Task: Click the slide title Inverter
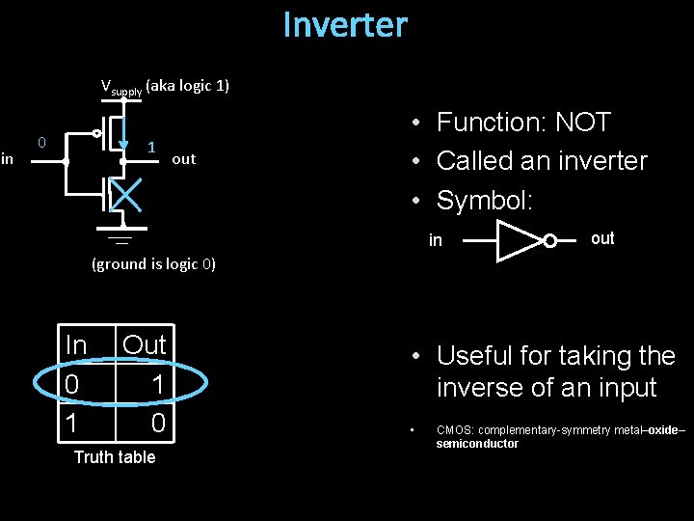(345, 25)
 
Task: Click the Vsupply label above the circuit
(121, 87)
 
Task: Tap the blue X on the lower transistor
(125, 194)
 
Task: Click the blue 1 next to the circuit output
(151, 147)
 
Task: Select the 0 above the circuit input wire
(41, 143)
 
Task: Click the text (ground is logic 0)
(153, 263)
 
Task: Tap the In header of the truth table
(75, 344)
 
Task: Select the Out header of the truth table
(145, 344)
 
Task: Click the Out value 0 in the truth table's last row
(157, 423)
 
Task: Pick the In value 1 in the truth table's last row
(71, 423)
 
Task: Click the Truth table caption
(114, 456)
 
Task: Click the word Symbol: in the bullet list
(484, 200)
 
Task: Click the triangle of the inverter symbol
(518, 240)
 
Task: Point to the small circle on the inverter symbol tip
(549, 240)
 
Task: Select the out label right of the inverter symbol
(602, 238)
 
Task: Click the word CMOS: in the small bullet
(457, 430)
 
